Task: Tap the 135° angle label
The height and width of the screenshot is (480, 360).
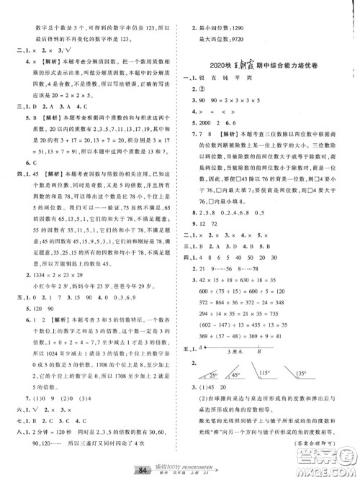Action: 311,354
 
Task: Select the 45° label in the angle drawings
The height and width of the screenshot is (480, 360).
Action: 235,355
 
